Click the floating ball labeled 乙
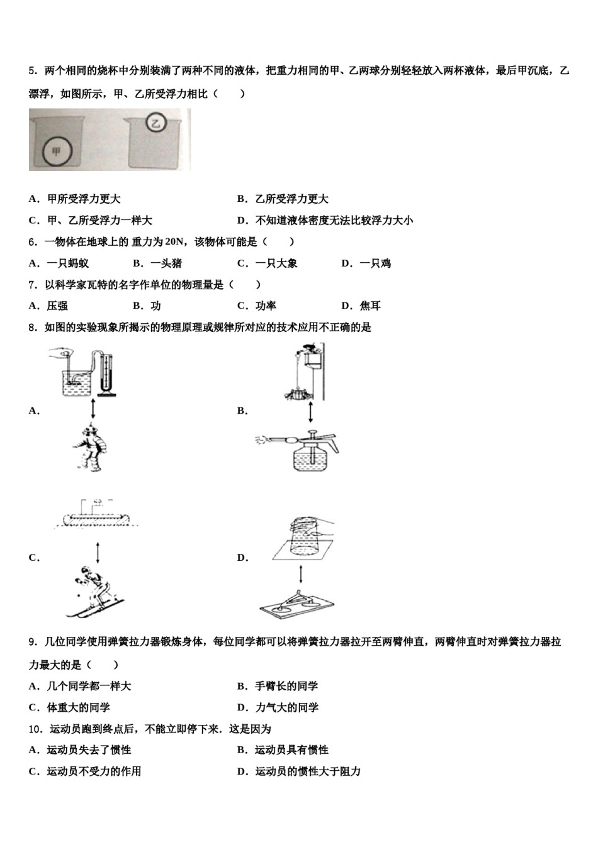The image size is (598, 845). pyautogui.click(x=155, y=123)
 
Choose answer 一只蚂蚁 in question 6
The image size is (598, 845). pyautogui.click(x=68, y=263)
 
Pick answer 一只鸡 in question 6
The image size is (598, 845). pyautogui.click(x=375, y=263)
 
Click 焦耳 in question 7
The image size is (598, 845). pyautogui.click(x=370, y=306)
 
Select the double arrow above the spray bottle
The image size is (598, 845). pyautogui.click(x=310, y=412)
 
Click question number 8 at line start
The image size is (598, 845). pyautogui.click(x=31, y=328)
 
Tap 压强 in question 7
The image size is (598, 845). pyautogui.click(x=57, y=306)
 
